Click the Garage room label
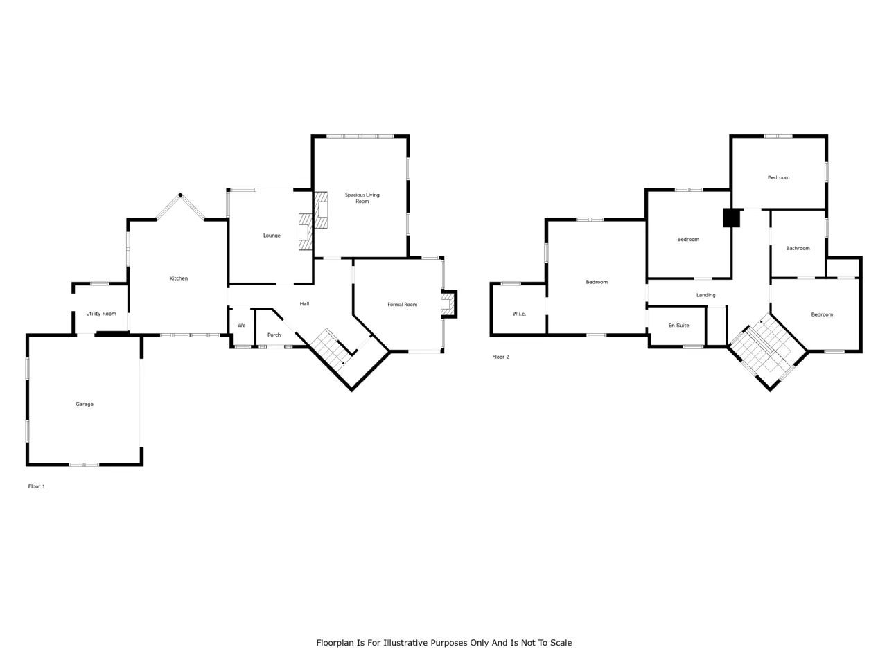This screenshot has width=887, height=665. pos(85,404)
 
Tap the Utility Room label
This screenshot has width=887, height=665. pos(101,314)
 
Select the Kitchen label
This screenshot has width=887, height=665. pos(179,278)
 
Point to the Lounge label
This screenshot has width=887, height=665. pos(272,236)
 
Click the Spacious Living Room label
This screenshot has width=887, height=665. pos(362,198)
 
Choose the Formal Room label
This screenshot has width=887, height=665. pos(402,304)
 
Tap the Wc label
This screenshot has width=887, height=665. pos(241,326)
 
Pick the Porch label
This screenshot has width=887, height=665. pos(274,335)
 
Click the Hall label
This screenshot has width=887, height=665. pos(305,303)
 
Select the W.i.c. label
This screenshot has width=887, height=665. pos(519,314)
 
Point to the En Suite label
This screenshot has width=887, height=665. pos(679,325)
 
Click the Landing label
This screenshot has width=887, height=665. pos(706,295)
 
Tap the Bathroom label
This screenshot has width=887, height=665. pos(798,248)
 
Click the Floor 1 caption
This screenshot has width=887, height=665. pos(37,486)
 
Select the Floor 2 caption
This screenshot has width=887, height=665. pos(501,357)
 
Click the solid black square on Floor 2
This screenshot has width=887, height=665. pos(731,218)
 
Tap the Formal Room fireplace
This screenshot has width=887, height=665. pos(448,304)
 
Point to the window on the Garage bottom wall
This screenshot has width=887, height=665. pos(84,465)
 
